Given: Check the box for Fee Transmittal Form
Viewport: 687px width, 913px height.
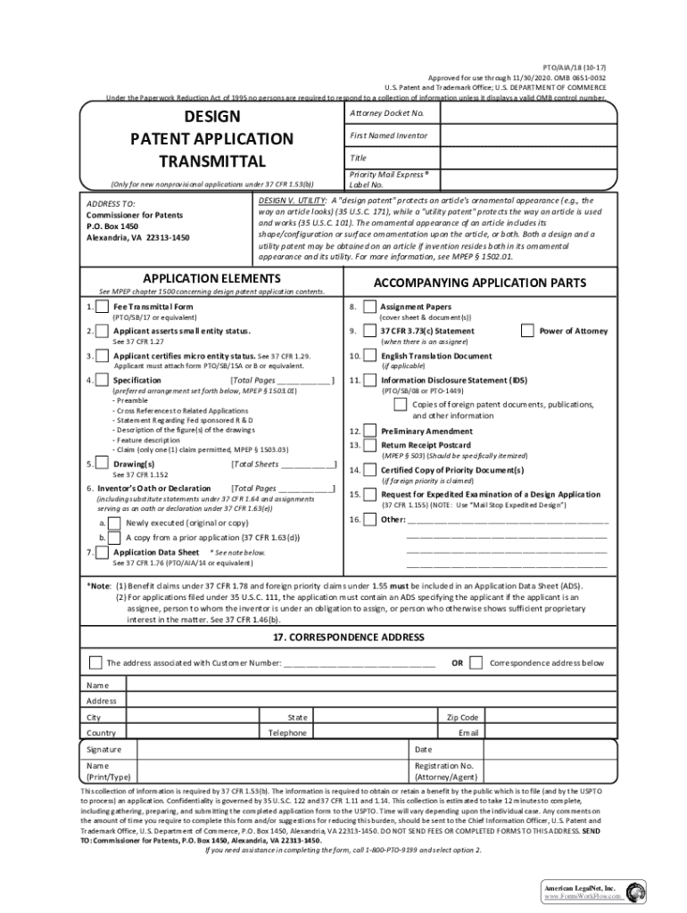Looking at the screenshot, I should point(103,308).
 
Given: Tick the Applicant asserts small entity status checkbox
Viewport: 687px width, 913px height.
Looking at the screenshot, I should point(103,332).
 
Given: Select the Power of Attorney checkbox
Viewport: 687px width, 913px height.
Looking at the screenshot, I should point(527,331).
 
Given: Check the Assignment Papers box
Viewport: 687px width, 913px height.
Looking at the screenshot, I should point(369,308).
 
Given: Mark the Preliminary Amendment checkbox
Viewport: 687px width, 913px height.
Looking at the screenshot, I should point(369,431).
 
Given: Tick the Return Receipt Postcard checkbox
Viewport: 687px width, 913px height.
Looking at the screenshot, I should point(369,444).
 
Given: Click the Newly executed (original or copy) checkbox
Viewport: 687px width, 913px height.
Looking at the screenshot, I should point(114,523).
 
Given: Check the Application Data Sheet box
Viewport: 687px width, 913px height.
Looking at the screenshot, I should point(103,553).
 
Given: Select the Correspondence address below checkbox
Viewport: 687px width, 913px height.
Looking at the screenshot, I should point(476,662).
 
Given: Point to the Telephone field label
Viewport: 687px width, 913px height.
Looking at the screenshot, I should point(287,733).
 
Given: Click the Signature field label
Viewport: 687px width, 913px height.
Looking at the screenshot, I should point(103,750).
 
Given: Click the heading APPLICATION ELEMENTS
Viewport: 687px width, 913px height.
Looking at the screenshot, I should point(211,278).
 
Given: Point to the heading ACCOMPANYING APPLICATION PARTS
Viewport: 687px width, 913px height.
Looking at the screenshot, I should point(479,283).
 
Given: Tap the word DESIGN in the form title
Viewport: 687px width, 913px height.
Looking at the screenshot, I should point(211,117).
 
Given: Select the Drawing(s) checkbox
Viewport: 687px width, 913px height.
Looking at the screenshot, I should point(103,465).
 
